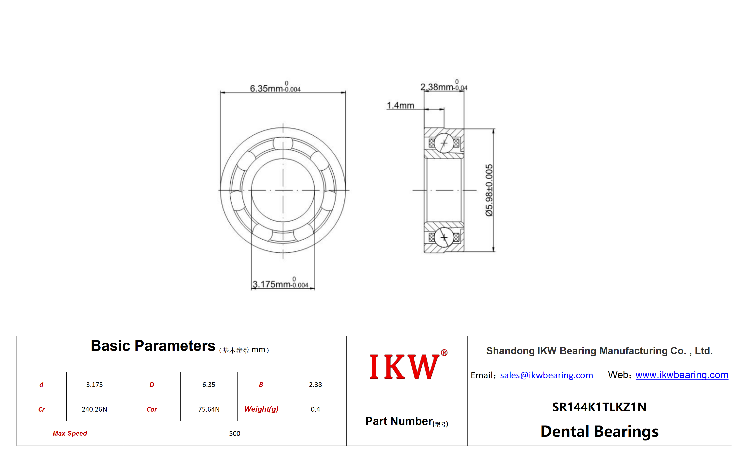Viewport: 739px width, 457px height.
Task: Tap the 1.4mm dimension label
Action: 400,105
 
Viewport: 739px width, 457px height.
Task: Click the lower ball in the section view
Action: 444,237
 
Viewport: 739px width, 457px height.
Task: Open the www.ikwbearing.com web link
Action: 681,375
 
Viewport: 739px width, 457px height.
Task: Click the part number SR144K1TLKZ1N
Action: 599,407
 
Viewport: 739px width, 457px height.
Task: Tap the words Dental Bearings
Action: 599,431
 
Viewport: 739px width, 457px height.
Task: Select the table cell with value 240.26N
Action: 94,409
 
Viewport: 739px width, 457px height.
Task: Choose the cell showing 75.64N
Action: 209,409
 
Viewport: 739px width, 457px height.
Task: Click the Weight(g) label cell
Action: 261,409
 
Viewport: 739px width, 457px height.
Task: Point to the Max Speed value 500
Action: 234,433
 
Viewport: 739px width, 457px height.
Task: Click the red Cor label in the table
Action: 152,409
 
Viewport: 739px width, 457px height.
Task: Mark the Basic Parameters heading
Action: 153,346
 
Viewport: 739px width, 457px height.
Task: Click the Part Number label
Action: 407,421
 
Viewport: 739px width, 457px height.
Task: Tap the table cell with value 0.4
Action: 315,409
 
